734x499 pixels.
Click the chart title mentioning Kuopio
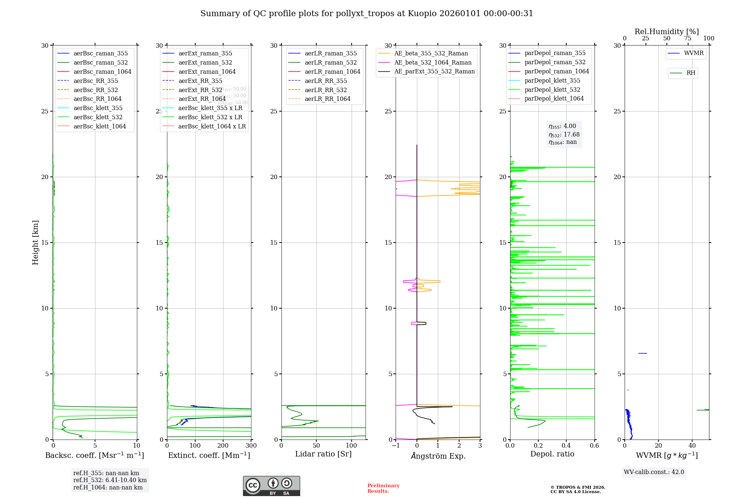[367, 14]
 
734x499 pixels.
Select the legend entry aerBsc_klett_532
[98, 117]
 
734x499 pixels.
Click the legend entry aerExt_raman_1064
[207, 72]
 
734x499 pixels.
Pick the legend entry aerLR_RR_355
[326, 81]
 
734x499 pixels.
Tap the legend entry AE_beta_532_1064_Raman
[433, 62]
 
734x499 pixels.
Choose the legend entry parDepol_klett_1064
[554, 98]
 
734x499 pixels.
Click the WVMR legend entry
[694, 53]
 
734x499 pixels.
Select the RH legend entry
[691, 73]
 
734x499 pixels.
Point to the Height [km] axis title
[35, 243]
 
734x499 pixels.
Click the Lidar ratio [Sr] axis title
[323, 454]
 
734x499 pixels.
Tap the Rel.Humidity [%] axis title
[666, 32]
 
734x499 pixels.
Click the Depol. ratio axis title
[552, 454]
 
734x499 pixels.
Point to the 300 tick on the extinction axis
[251, 446]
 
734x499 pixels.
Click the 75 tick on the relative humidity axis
[688, 39]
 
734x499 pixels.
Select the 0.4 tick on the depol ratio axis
[566, 446]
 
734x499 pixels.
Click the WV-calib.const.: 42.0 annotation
[654, 472]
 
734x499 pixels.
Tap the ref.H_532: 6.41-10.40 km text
[110, 480]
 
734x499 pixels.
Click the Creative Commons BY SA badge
[271, 486]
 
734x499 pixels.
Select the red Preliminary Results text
[383, 488]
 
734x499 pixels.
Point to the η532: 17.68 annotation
[564, 135]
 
